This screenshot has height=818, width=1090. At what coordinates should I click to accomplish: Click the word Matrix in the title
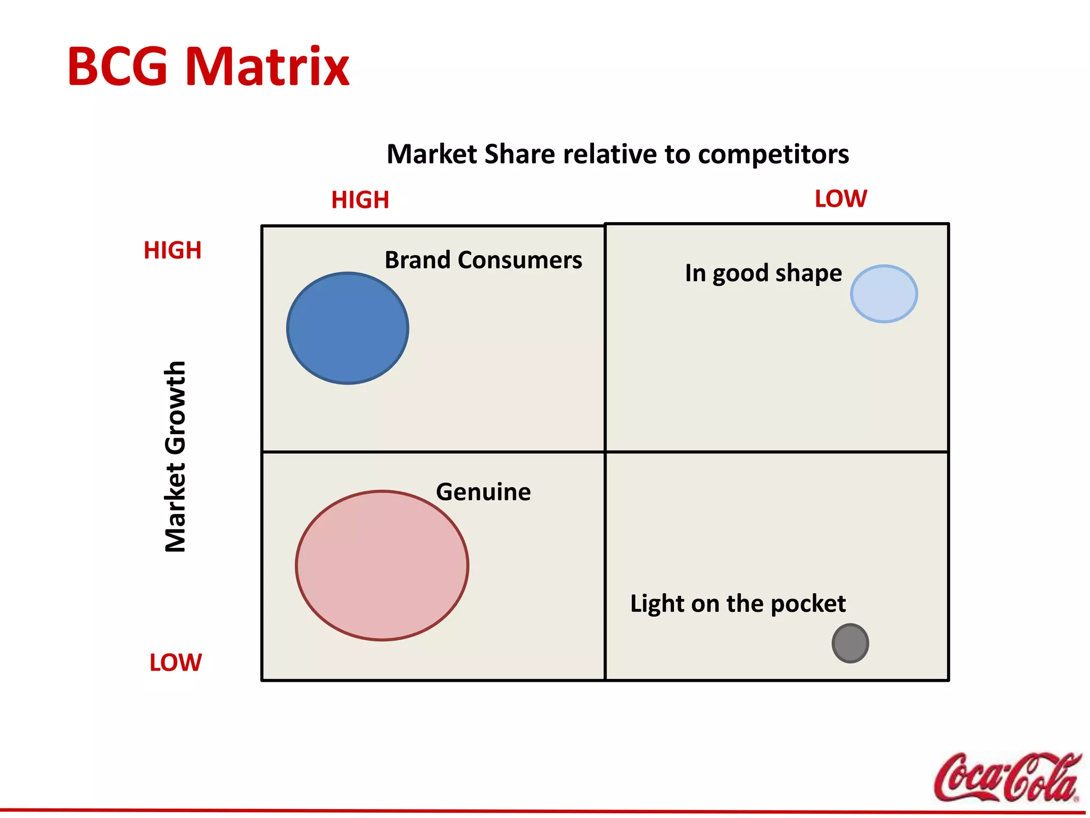[x=267, y=67]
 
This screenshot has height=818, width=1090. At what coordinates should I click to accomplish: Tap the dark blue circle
[x=348, y=328]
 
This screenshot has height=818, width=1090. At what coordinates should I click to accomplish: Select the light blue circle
[x=883, y=294]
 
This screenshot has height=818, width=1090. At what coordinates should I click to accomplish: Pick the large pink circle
[x=382, y=565]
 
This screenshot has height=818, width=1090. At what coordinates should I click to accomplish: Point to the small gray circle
[x=850, y=643]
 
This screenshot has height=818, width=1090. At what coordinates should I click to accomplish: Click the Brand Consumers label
[x=483, y=260]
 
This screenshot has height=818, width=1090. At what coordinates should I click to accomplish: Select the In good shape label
[x=763, y=273]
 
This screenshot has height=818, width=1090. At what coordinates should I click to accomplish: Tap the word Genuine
[x=483, y=492]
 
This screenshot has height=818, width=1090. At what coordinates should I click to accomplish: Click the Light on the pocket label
[x=738, y=604]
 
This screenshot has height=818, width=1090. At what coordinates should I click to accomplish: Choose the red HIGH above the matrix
[x=360, y=200]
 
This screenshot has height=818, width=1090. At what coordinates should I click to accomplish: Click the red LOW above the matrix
[x=840, y=199]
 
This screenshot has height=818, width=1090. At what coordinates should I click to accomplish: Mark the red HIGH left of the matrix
[x=172, y=250]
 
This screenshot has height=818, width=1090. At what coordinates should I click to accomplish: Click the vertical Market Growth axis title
[x=175, y=457]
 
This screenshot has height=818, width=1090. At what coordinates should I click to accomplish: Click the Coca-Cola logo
[x=1007, y=777]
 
